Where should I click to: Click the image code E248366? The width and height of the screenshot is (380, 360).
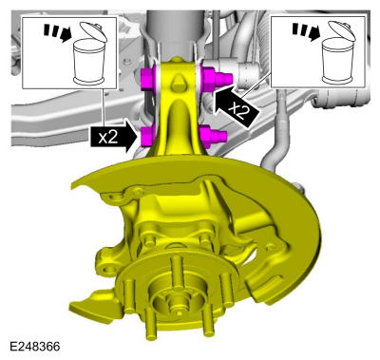tap(35, 346)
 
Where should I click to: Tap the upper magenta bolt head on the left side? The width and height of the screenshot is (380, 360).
tap(147, 79)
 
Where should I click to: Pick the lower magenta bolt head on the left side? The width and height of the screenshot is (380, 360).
tap(147, 136)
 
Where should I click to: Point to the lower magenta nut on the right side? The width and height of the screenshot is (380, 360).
tap(213, 135)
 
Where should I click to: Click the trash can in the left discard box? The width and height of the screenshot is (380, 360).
tap(89, 62)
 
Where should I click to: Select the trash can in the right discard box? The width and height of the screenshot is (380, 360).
tap(338, 62)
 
